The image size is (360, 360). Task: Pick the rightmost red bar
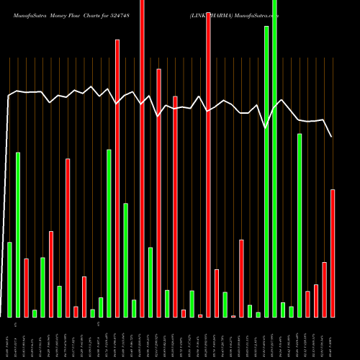(333, 253)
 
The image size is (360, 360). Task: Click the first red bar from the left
(26, 287)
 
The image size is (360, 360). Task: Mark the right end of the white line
(332, 136)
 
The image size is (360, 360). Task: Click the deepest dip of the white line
(266, 128)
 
